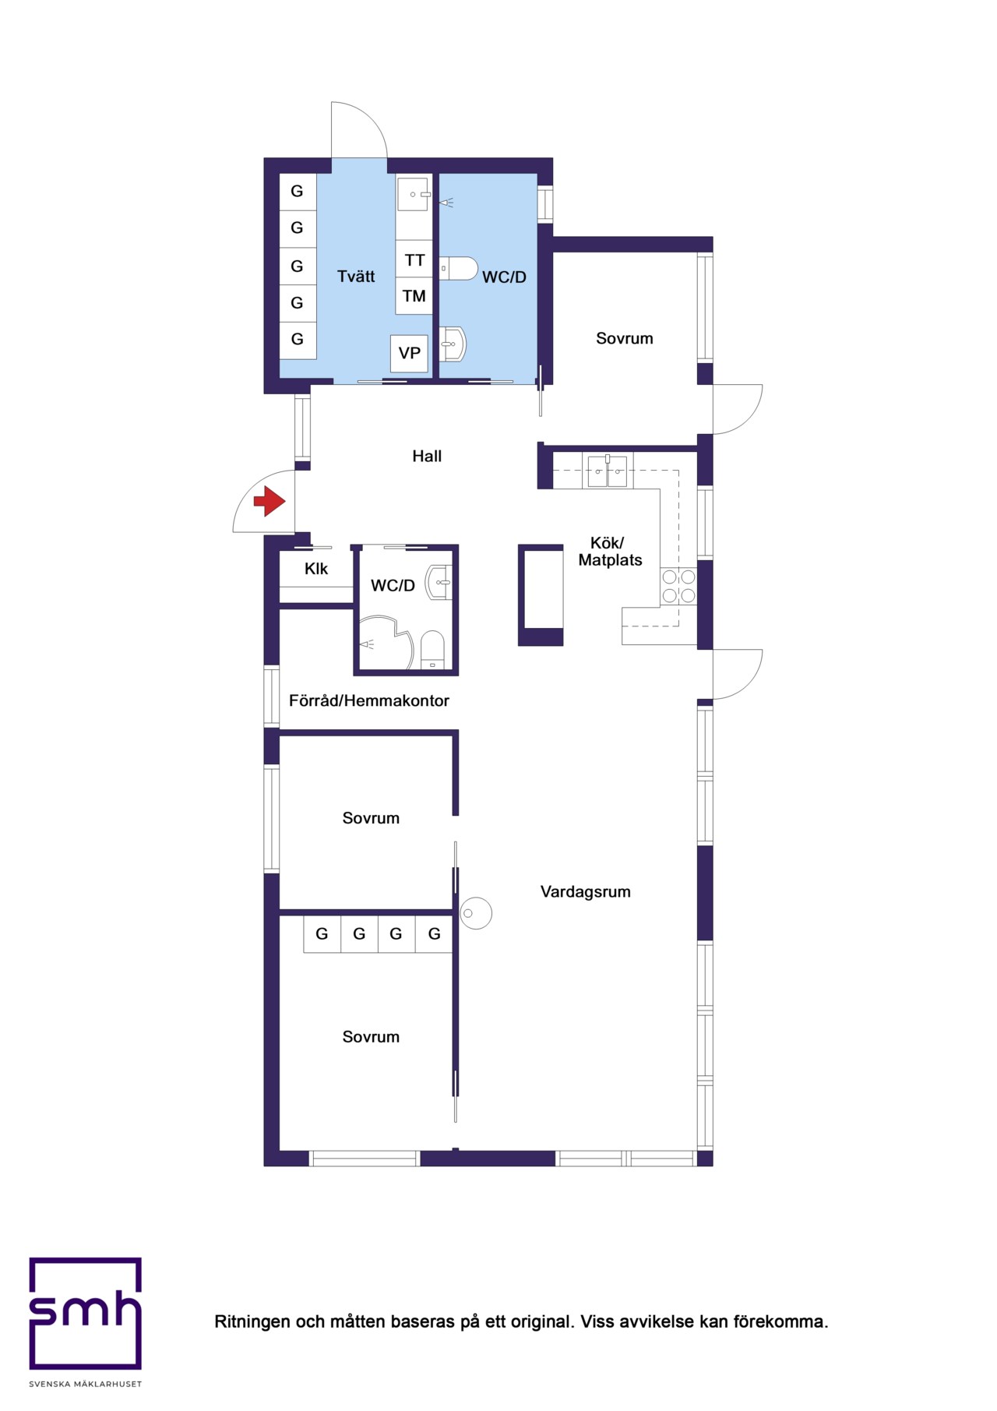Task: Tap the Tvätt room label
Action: (356, 277)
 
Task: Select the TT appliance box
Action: (414, 260)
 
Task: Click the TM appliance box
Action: (414, 296)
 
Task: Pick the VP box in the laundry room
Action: (410, 353)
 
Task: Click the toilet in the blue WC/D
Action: (458, 269)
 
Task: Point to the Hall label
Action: (427, 457)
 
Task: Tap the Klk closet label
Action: (316, 569)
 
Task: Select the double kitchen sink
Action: (608, 471)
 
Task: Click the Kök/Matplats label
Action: (610, 552)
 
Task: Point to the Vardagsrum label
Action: (586, 892)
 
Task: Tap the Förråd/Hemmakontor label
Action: (369, 700)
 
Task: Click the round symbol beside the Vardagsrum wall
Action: (476, 913)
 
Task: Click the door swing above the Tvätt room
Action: (360, 129)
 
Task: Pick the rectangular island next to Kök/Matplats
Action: (541, 595)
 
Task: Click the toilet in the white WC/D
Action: (432, 650)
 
